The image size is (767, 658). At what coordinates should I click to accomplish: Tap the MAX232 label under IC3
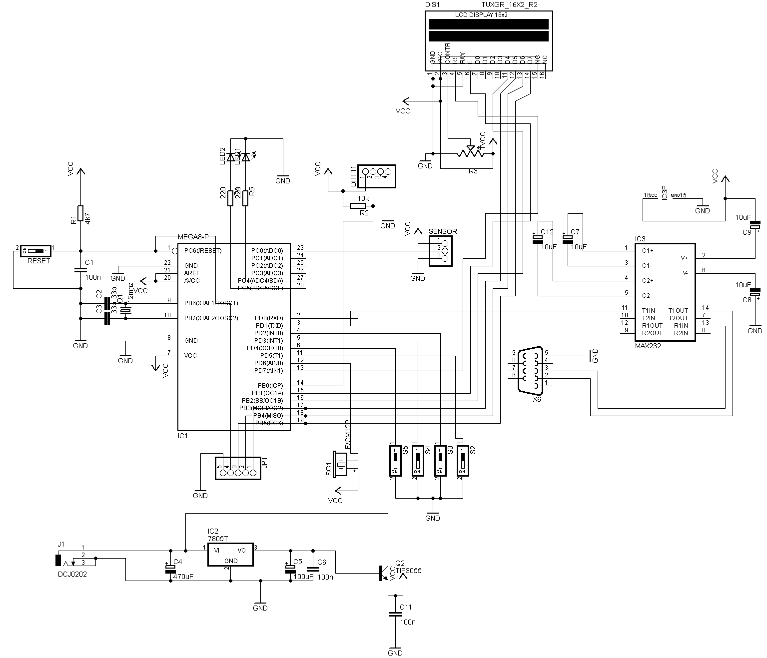pyautogui.click(x=648, y=345)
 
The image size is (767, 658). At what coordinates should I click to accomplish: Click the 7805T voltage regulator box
pyautogui.click(x=230, y=554)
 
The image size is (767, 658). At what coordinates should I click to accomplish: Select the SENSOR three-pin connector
pyautogui.click(x=440, y=248)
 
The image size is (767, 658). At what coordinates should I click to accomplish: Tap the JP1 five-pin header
pyautogui.click(x=238, y=468)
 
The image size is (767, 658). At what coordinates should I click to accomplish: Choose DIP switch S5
pyautogui.click(x=395, y=460)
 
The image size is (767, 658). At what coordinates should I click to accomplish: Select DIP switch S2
pyautogui.click(x=463, y=460)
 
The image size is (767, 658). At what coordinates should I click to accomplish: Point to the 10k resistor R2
pyautogui.click(x=358, y=206)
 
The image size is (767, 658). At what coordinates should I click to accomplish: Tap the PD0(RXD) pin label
pyautogui.click(x=268, y=318)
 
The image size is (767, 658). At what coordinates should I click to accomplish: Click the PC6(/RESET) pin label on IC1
pyautogui.click(x=202, y=250)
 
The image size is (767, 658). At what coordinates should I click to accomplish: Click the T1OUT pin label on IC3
pyautogui.click(x=678, y=310)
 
